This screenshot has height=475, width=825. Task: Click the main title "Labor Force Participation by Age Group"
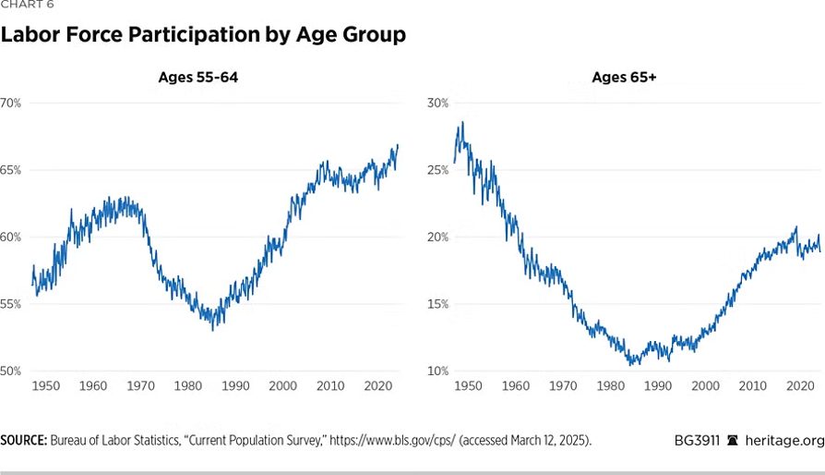[203, 35]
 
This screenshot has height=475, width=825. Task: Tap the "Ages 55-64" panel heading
[198, 77]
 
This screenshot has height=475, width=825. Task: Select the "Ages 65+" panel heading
[624, 77]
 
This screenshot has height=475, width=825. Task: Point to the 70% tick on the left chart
[10, 104]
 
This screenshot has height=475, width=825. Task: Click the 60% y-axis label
[10, 237]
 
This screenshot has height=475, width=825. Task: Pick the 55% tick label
[10, 304]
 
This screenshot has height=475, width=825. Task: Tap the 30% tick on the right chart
[437, 104]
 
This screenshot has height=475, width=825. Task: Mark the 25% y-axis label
[437, 170]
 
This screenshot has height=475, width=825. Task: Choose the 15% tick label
[437, 304]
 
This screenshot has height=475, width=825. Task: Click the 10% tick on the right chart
[437, 371]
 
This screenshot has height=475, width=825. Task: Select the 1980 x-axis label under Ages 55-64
[188, 385]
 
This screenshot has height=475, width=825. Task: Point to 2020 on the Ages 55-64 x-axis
[377, 385]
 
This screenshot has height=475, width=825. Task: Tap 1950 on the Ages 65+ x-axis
[468, 385]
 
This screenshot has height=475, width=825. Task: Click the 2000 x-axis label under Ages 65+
[705, 385]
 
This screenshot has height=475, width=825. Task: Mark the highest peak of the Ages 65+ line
[462, 122]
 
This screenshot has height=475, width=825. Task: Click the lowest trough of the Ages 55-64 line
[212, 330]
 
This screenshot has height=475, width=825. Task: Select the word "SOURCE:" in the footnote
[24, 440]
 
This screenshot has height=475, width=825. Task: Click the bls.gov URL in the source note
[392, 440]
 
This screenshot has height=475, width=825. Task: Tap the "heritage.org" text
[784, 440]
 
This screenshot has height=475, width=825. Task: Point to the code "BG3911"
[697, 440]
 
